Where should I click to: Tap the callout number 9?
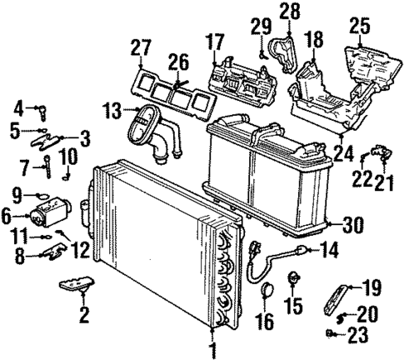point(17,196)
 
